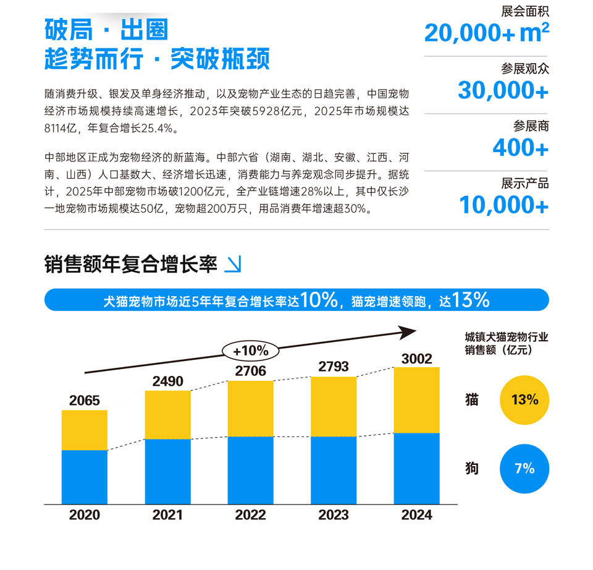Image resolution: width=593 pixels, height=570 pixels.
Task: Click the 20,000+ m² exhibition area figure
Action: click(486, 33)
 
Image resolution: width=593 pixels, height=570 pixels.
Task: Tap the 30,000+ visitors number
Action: click(503, 90)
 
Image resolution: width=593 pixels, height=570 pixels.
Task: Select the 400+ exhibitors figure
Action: click(520, 148)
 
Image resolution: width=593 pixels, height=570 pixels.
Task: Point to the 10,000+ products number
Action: click(503, 205)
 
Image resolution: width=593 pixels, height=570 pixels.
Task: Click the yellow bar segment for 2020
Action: click(85, 430)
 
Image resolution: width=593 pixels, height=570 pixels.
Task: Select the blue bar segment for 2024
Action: click(416, 468)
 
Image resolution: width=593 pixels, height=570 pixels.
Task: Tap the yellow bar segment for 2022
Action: click(250, 408)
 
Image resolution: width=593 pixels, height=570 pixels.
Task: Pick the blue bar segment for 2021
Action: click(167, 471)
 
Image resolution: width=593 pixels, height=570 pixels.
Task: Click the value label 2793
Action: click(333, 367)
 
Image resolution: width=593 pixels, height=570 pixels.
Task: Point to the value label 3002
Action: click(416, 359)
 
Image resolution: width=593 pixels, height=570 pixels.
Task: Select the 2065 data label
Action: click(85, 401)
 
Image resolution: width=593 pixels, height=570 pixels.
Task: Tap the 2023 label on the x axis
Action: click(333, 515)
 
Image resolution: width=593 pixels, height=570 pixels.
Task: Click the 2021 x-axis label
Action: click(167, 515)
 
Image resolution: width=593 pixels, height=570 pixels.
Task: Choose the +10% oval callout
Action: click(250, 351)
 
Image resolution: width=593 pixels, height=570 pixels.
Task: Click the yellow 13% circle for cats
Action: click(524, 399)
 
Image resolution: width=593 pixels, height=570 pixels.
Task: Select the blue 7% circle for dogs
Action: click(524, 469)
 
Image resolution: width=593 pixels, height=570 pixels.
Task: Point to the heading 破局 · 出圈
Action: click(106, 30)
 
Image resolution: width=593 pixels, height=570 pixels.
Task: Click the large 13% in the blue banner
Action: click(471, 300)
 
